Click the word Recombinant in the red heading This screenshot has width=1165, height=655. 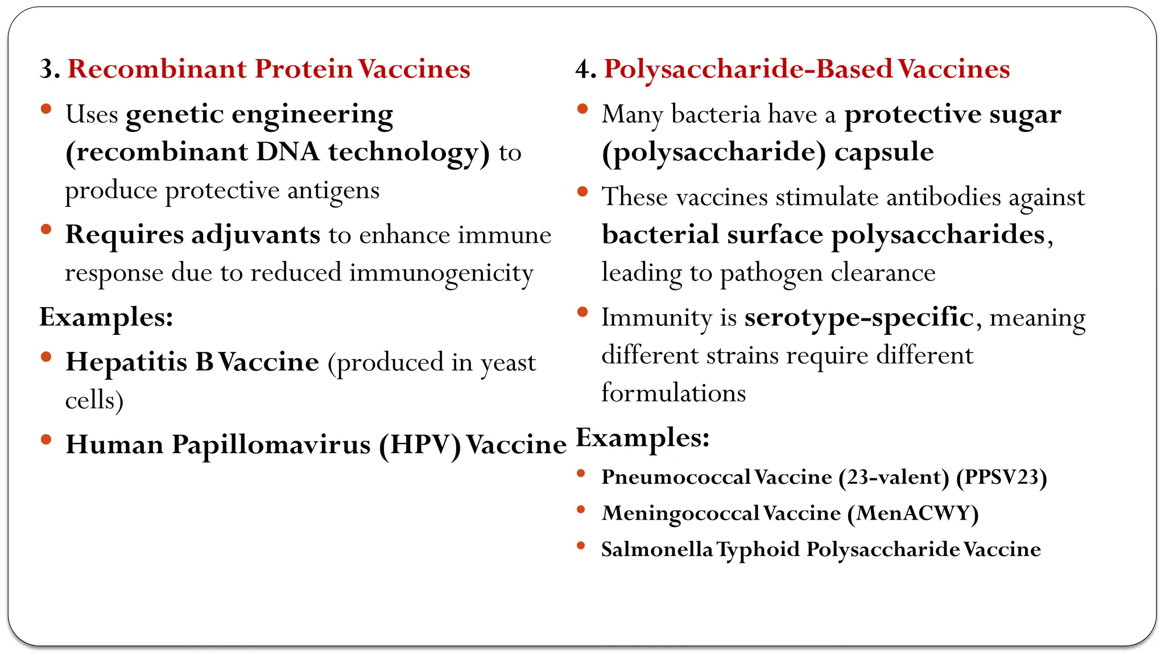coord(157,69)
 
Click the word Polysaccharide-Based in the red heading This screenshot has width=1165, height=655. coord(748,69)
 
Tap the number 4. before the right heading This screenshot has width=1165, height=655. coord(585,69)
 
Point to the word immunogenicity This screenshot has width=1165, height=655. coord(441,273)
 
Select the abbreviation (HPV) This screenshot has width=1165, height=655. coord(420,445)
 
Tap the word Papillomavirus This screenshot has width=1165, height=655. coord(271,445)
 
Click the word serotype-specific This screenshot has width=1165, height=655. coord(859,317)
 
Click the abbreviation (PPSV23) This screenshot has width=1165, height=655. coord(1001,477)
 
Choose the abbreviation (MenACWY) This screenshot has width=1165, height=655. coord(912,513)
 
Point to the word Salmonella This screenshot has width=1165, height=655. coord(656,550)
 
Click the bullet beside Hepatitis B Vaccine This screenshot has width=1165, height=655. coord(47,357)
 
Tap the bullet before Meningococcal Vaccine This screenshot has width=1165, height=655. coord(581,509)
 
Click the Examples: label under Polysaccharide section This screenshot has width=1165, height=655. coord(643,438)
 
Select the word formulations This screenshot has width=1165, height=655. coord(674,393)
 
